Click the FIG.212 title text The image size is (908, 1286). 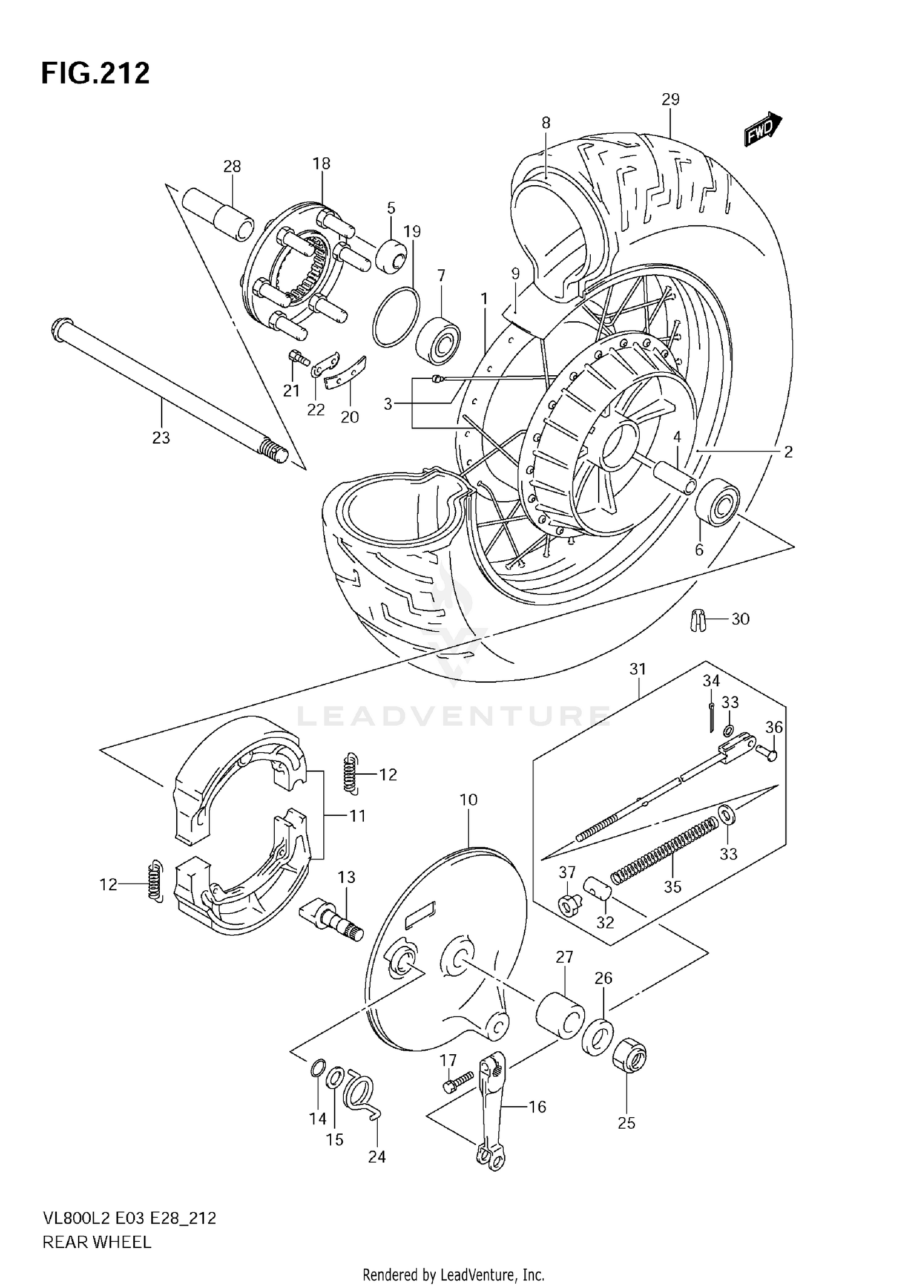95,74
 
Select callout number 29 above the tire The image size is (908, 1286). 670,99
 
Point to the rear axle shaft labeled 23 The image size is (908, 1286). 163,387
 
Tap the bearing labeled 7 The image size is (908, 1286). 439,340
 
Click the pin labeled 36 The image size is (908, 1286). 768,752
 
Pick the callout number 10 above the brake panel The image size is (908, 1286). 469,800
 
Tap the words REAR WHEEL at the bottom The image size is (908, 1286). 96,1242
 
